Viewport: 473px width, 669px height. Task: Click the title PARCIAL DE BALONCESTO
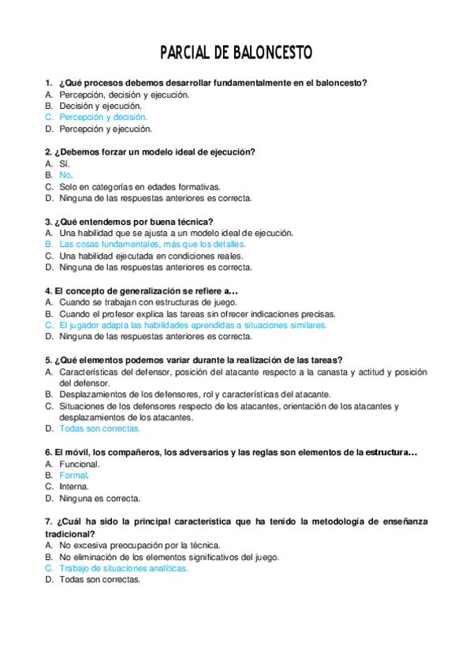(236, 53)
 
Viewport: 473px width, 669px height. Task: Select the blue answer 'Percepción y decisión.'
(103, 117)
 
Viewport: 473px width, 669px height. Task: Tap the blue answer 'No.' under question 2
(66, 175)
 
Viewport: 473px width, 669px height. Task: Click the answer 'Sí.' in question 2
(65, 163)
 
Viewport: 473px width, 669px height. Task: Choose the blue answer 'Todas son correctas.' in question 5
(100, 428)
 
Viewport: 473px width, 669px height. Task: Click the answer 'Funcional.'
(79, 464)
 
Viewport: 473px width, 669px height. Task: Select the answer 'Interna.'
(74, 487)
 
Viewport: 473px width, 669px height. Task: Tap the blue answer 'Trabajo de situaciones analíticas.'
(124, 568)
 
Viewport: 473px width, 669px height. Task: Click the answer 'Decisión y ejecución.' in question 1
(101, 105)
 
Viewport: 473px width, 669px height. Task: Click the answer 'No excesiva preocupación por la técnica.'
(140, 545)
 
